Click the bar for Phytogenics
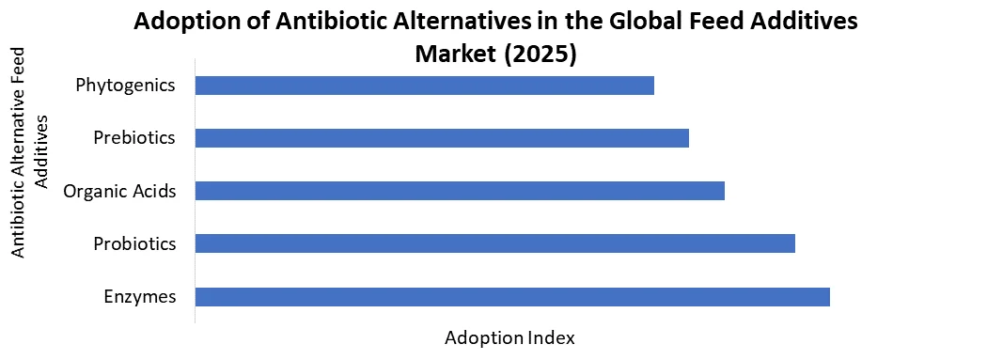coord(424,86)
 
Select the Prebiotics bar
coord(442,138)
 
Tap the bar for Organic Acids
coord(460,191)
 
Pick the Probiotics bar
coord(494,243)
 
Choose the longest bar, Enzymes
coord(512,297)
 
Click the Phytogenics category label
coord(126,86)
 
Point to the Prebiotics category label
coord(134,138)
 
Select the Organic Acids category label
coord(119,192)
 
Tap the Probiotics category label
coord(134,244)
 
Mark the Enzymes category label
coord(140,297)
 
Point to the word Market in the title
coord(454,54)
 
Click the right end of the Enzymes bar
coord(827,297)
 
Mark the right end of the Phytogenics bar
coord(651,86)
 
